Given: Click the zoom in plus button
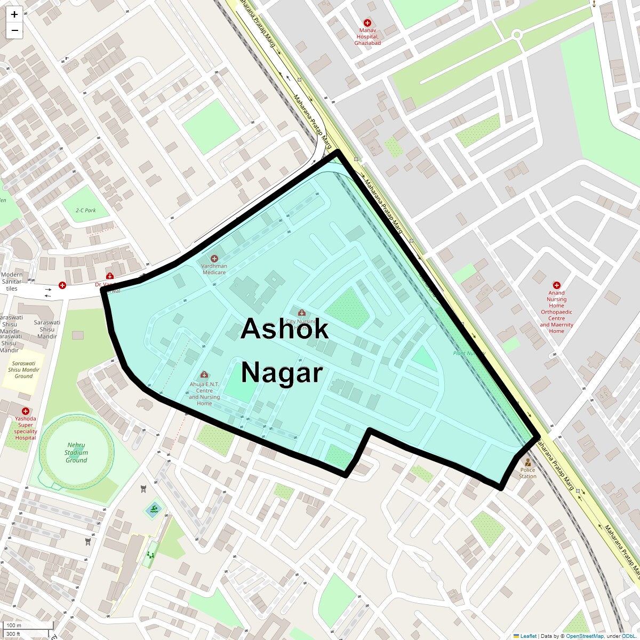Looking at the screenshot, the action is point(14,14).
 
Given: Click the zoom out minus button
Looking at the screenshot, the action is point(14,30).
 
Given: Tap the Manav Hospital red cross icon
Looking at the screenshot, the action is point(367,23).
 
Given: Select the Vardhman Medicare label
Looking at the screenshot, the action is point(214,269).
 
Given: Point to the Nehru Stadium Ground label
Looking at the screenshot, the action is point(76,452).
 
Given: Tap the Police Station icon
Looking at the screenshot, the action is point(527,462).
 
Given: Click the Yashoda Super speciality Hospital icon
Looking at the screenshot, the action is point(25,411).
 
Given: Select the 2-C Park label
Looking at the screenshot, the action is point(86,210).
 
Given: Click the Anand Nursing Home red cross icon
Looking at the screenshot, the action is point(557,285).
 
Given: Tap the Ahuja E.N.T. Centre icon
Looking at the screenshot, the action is point(204,375).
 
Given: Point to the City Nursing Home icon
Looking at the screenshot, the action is point(301,313).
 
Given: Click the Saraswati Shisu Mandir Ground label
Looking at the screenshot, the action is point(23,370).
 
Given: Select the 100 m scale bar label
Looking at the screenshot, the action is point(14,625).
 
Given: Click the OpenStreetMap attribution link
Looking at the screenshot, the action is point(585,636).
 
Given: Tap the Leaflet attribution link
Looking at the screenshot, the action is point(528,636).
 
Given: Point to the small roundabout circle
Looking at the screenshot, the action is point(516,35).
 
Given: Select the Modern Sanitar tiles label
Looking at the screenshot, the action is point(12,281).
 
